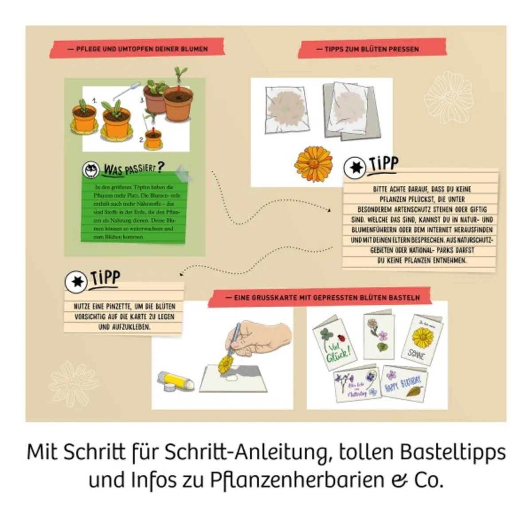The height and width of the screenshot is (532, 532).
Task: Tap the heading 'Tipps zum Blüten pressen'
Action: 372,49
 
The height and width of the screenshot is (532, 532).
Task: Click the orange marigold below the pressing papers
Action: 314,164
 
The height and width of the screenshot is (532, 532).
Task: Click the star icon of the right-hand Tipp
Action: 355,168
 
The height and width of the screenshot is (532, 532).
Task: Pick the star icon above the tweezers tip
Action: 76,282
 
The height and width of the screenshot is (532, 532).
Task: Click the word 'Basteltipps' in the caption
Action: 452,452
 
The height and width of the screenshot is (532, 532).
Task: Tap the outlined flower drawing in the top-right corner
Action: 449,98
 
